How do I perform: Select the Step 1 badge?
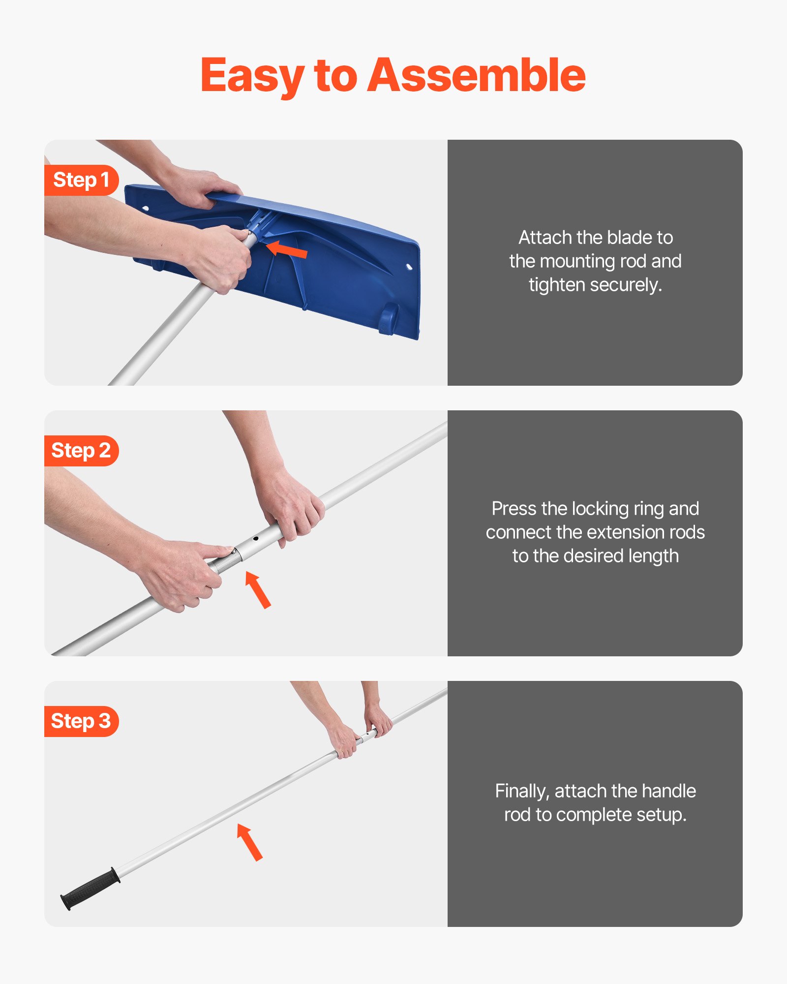click(81, 180)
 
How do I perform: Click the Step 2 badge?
click(81, 451)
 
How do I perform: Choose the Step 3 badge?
click(81, 721)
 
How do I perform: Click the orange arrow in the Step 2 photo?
click(258, 590)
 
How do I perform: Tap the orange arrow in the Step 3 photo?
click(250, 842)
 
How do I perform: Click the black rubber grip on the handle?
click(91, 889)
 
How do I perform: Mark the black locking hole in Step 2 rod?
click(256, 539)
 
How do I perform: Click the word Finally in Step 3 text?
click(522, 791)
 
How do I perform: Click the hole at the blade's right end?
click(409, 267)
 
